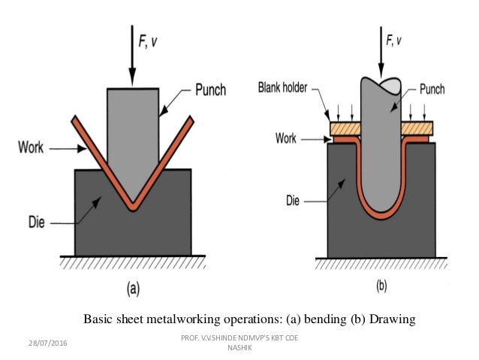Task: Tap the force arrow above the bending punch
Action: tap(132, 53)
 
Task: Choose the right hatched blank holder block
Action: tap(417, 129)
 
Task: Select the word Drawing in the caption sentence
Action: tap(390, 319)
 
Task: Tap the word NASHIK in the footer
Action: tap(239, 348)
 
